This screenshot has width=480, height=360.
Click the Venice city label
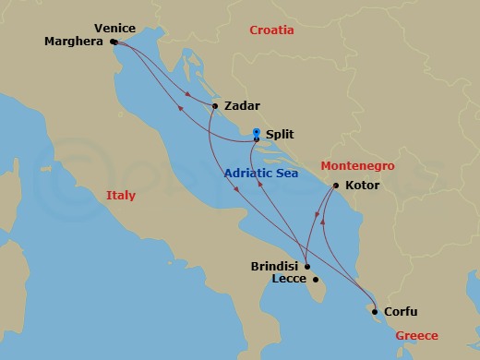(114, 29)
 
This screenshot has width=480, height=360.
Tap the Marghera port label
(75, 42)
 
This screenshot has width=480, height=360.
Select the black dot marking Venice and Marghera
(113, 42)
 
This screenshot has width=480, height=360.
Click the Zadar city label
(241, 106)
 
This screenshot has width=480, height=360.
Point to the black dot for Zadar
(215, 105)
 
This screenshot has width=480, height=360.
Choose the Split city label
(279, 135)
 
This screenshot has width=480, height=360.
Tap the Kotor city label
(362, 186)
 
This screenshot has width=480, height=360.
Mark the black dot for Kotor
(335, 186)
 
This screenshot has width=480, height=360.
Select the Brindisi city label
(274, 266)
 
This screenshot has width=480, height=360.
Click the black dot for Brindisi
(307, 266)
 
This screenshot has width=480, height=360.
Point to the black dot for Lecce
(316, 280)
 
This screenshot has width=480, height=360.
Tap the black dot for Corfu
(374, 311)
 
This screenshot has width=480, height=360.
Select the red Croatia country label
(271, 30)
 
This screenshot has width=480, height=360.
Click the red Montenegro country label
(357, 166)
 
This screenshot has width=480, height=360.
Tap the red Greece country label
(416, 336)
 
